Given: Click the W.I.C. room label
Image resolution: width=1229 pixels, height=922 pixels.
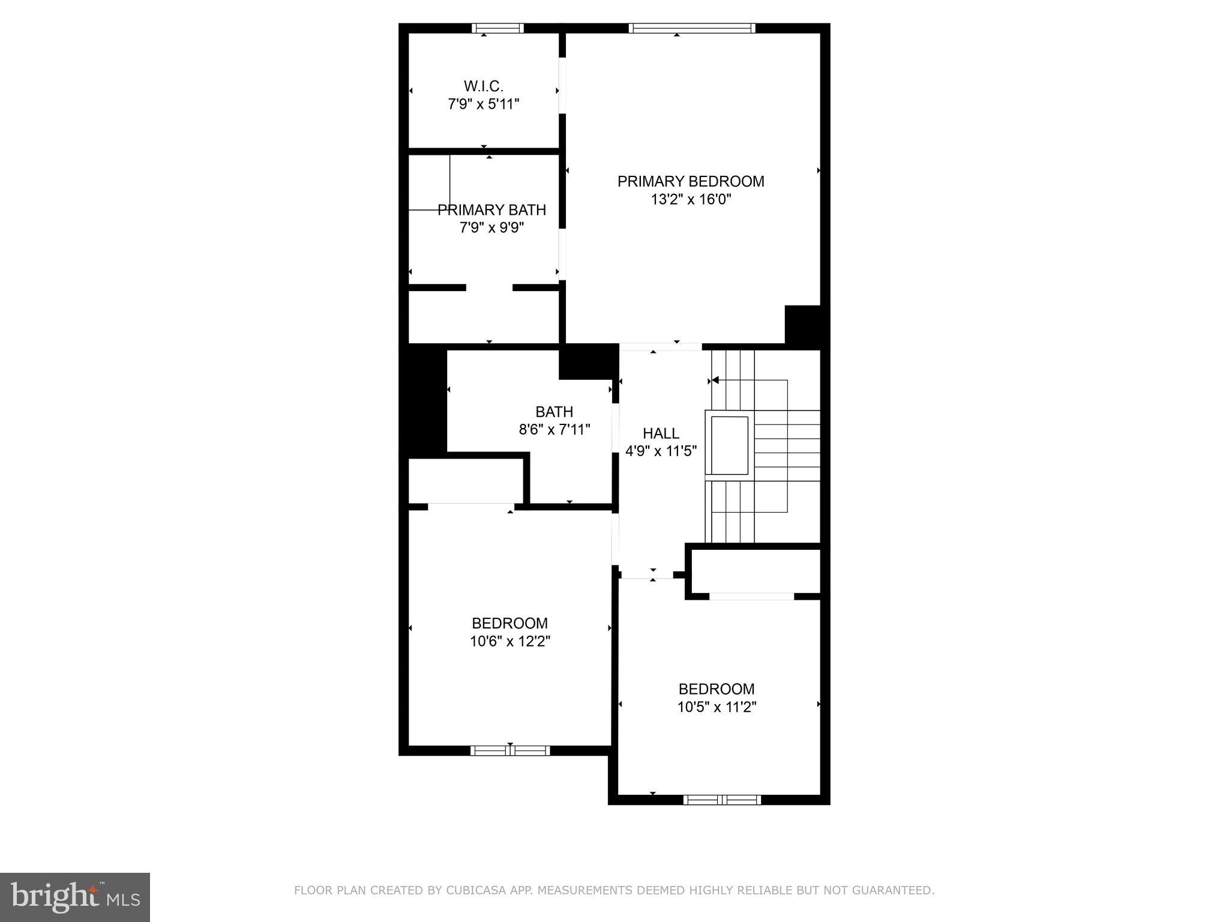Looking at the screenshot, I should [483, 86].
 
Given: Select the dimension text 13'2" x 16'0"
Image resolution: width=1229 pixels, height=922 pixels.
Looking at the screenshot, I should [691, 199].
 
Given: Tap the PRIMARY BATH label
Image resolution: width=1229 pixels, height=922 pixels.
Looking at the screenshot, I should [491, 210].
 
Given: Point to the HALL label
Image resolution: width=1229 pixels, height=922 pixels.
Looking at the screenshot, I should [661, 433].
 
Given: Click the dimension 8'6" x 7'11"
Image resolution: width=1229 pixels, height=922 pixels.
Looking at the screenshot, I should [554, 430].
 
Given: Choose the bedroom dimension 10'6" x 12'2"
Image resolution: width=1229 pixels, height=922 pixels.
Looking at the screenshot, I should [509, 642].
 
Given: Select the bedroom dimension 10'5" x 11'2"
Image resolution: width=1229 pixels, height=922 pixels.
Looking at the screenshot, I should [717, 707].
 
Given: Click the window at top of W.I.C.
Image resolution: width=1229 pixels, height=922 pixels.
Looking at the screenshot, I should [497, 28].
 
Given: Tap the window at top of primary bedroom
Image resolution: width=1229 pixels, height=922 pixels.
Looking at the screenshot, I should [691, 28].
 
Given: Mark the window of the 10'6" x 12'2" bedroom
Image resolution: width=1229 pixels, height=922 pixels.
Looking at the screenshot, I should [510, 750].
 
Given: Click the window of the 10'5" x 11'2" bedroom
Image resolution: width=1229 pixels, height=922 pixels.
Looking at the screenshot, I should [722, 800].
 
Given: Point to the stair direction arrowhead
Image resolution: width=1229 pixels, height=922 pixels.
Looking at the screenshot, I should [715, 380].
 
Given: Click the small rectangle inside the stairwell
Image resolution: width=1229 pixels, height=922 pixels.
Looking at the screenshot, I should [730, 445].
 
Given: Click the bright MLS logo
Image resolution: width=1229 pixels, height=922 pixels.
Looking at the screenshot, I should [75, 897].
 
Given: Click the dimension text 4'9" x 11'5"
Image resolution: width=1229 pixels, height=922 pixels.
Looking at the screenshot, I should [661, 451].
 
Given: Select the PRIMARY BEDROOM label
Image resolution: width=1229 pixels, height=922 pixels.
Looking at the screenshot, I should [691, 181].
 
